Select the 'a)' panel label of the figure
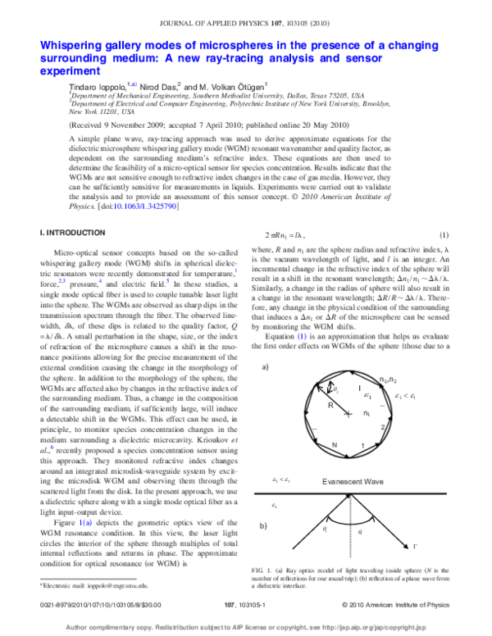(266, 345)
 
